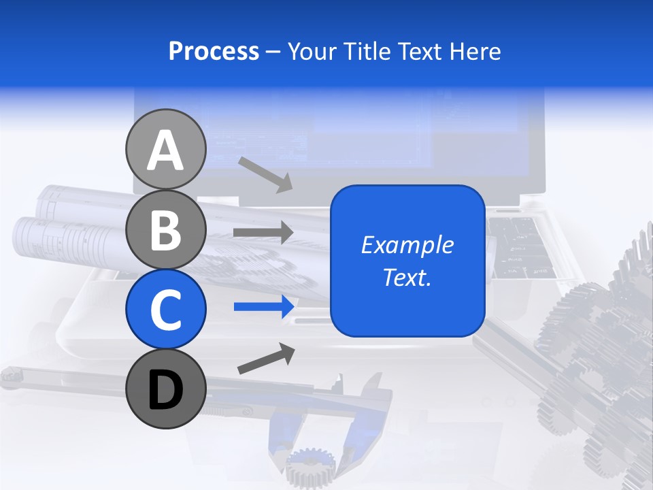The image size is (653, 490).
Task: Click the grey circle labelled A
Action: [x=165, y=150]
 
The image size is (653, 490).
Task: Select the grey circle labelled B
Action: [x=165, y=230]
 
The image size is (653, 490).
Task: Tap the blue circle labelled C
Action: [x=165, y=309]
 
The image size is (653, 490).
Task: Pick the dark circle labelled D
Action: [x=165, y=389]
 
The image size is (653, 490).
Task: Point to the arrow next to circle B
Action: [x=263, y=232]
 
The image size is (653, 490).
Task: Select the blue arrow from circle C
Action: [x=263, y=306]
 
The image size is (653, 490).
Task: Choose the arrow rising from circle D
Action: [x=266, y=359]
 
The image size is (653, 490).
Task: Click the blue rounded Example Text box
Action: [x=407, y=261]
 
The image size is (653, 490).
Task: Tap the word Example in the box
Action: [x=407, y=245]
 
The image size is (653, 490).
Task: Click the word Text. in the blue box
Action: [x=407, y=278]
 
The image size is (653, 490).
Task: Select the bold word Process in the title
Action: [x=214, y=51]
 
